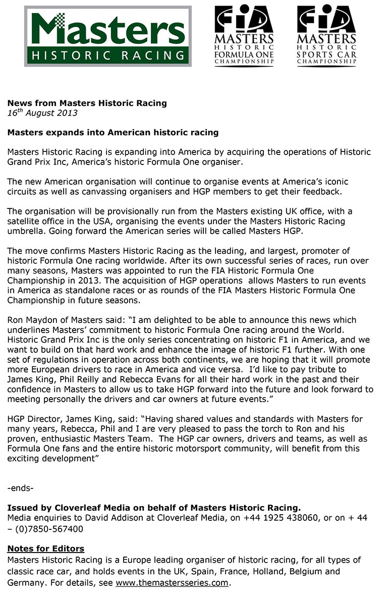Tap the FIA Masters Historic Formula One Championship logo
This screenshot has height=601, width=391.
point(245,36)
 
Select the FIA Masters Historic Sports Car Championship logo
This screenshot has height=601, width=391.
point(326,36)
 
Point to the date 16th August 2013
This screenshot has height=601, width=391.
point(42,113)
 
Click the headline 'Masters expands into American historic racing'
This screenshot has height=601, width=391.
point(113,133)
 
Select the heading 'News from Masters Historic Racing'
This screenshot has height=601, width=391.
point(87,103)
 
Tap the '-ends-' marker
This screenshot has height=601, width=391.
point(21,488)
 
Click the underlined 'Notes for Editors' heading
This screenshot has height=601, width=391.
point(45,549)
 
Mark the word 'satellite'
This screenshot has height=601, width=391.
point(25,222)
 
